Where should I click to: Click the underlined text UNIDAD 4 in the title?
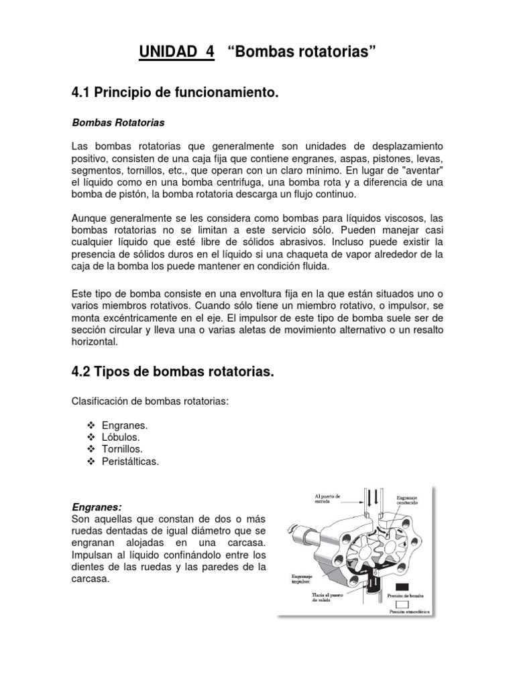[176, 53]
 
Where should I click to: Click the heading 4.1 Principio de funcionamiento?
[174, 93]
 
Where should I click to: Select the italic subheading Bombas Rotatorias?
[117, 123]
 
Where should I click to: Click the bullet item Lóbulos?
[121, 437]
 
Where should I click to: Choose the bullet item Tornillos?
[122, 449]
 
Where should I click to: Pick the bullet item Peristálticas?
[130, 461]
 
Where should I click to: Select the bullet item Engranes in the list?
[124, 425]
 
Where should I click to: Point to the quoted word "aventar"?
[420, 170]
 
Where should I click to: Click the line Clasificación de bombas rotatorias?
[150, 401]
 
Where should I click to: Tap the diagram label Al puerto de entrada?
[327, 499]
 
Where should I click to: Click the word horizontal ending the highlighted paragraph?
[94, 342]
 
